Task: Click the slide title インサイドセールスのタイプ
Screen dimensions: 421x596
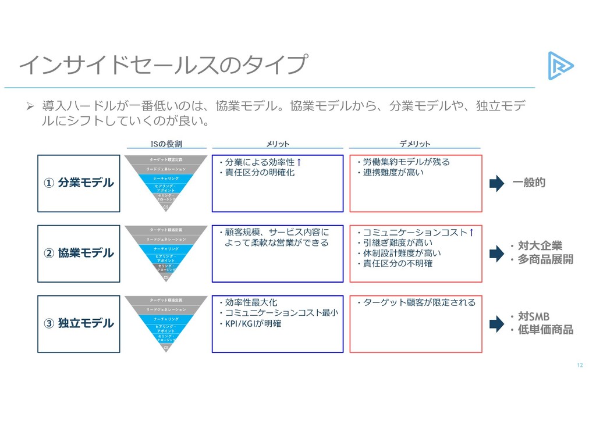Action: (162, 65)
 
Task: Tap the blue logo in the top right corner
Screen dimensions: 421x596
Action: (560, 65)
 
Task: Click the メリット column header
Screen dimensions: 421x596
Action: (277, 144)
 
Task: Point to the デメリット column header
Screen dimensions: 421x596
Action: (415, 144)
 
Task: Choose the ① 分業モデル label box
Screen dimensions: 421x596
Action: (79, 183)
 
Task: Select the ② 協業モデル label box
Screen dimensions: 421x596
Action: (79, 254)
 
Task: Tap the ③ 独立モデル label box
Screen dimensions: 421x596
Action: (79, 323)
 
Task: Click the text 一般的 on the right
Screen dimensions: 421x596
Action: (529, 183)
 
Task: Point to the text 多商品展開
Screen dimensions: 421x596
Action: (545, 259)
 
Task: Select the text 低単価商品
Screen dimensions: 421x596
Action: (545, 330)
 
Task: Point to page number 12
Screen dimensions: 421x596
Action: (579, 365)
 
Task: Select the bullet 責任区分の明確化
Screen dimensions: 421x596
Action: (259, 173)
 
